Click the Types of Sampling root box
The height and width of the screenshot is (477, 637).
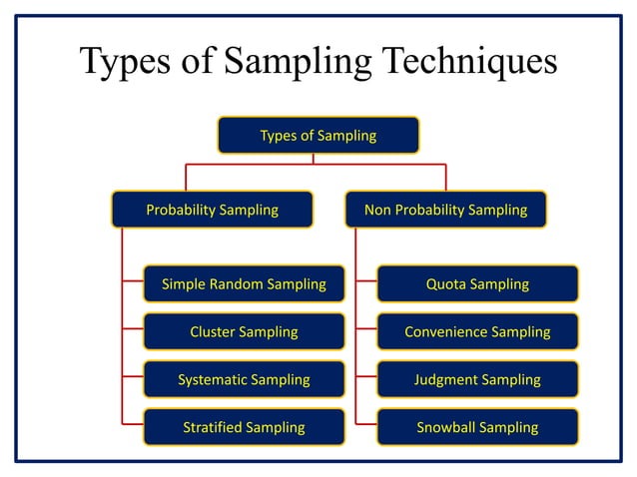point(318,135)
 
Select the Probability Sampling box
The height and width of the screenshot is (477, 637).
point(212,210)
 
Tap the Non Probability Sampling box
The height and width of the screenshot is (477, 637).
point(445,210)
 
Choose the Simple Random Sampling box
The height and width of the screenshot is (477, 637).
point(244,284)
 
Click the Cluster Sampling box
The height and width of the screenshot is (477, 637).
point(244,331)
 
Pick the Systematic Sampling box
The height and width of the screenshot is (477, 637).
point(244,379)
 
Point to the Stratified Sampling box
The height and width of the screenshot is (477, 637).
point(244,427)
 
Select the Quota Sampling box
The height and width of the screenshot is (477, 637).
point(477,284)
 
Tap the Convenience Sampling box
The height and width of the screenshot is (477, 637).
point(477,331)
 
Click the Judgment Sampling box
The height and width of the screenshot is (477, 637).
point(477,379)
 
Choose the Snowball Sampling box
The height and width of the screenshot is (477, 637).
point(477,427)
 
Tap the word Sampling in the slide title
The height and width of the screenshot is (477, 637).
point(283,63)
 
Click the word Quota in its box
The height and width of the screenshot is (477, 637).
point(445,284)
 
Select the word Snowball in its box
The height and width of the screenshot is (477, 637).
point(445,427)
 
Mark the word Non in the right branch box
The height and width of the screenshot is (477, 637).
point(377,210)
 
